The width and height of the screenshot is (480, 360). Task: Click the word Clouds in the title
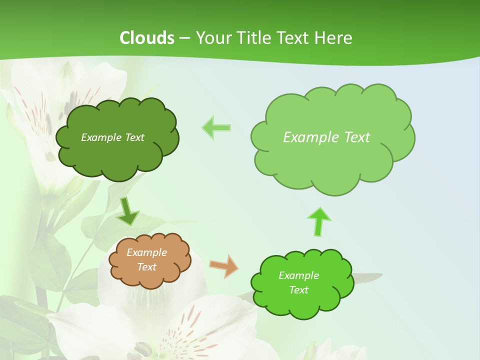tap(147, 38)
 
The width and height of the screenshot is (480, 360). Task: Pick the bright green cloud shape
tap(302, 302)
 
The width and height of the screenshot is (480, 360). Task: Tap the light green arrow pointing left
tap(216, 128)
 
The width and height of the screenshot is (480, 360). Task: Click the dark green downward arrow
tap(128, 211)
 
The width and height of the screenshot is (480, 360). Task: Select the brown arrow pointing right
tap(223, 266)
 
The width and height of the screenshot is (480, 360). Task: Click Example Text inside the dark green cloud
tap(112, 137)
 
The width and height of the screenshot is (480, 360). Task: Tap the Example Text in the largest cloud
tap(326, 137)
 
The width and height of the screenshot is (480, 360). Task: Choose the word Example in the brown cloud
tap(147, 252)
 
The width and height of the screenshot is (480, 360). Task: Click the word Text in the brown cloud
tap(147, 267)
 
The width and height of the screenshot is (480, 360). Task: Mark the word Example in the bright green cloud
tap(298, 275)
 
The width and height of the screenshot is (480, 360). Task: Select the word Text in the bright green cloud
tap(298, 290)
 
